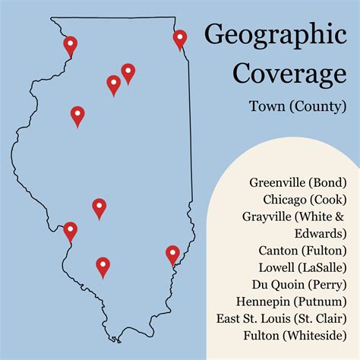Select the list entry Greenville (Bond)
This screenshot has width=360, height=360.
pos(297,182)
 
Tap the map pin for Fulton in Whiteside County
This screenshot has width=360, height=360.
pos(70,46)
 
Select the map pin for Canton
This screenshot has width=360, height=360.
pos(77,115)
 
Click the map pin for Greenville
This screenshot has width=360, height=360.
pos(99,207)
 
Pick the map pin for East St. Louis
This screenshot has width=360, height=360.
pos(70,229)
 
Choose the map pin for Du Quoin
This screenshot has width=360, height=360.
pos(103,266)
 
